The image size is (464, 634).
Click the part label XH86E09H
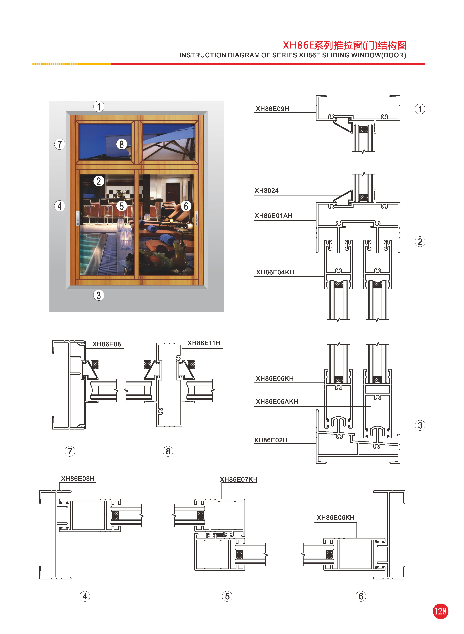point(272,109)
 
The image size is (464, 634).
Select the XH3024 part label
point(266,191)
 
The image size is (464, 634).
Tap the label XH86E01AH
point(273,216)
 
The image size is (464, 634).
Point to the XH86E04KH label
point(275,272)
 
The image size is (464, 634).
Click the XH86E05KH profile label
point(275,378)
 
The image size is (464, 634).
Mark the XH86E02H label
point(271,440)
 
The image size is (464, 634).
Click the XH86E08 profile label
point(107,344)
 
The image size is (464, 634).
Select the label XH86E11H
point(204,343)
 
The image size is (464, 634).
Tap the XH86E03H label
point(78,479)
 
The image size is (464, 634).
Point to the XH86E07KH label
point(239,480)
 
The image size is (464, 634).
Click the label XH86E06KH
point(336,517)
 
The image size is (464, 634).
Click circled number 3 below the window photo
point(99,295)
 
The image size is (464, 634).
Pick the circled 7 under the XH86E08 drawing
point(70,451)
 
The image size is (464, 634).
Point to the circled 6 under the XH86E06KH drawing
point(361,596)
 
